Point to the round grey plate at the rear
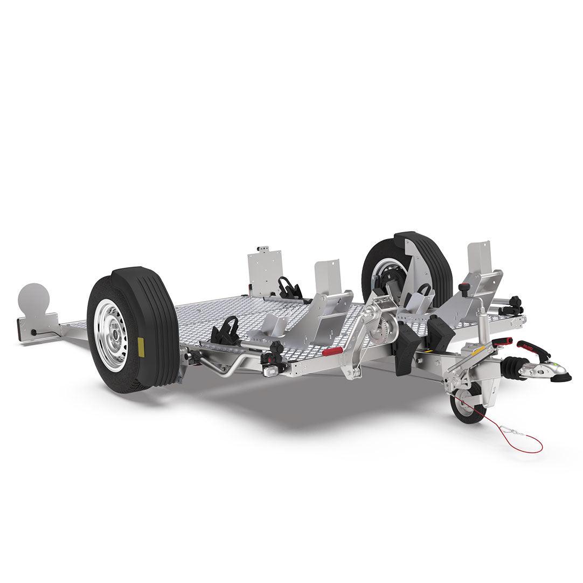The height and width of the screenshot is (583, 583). (x=33, y=297)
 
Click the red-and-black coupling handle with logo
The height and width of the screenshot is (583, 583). (x=533, y=350)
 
